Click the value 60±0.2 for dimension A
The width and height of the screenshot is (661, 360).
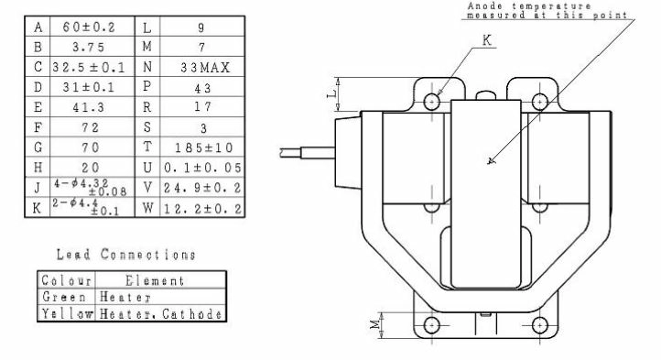[89, 27]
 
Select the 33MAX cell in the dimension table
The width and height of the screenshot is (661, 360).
[205, 67]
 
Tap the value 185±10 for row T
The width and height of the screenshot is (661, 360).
[204, 147]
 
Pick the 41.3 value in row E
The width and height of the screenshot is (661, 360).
[88, 107]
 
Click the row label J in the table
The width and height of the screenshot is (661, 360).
[38, 187]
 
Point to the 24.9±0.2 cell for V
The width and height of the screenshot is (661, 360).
[202, 188]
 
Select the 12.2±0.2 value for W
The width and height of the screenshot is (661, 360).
[202, 208]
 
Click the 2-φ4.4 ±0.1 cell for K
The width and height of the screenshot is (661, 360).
[85, 207]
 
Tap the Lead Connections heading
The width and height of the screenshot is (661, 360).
[126, 255]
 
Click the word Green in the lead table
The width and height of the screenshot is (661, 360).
[64, 297]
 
